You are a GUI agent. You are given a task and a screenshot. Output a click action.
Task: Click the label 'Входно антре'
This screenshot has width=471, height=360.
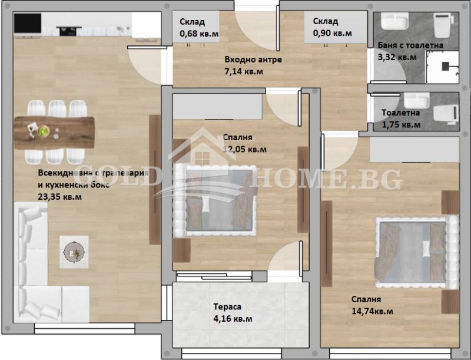253,60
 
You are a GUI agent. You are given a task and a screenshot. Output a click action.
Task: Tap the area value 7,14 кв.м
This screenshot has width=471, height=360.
244,71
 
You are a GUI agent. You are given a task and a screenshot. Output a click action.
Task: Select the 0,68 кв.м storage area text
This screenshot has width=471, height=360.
198,34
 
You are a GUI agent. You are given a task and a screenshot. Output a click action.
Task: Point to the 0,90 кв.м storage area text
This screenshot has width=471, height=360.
332,34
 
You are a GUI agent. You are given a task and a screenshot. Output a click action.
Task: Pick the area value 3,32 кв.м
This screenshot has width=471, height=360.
396,57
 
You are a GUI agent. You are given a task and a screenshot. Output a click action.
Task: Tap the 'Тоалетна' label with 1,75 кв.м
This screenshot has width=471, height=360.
400,113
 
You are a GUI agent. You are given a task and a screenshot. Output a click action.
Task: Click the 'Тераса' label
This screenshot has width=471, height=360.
227,307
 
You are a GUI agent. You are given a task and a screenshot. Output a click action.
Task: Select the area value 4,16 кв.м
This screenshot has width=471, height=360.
233,319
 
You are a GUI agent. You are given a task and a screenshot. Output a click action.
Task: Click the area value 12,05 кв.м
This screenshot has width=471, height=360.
244,149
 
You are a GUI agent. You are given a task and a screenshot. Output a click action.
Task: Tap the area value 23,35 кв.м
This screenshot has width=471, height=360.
60,197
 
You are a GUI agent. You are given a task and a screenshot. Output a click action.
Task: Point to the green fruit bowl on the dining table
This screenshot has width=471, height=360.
43,132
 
